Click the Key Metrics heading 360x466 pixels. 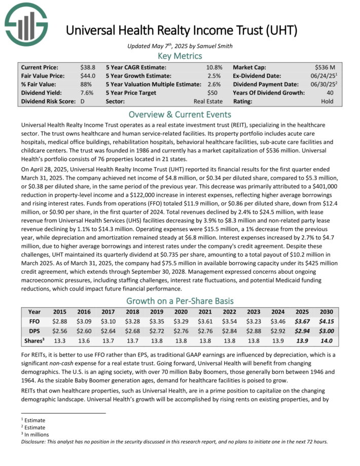point(180,56)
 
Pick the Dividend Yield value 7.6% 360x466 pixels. point(87,93)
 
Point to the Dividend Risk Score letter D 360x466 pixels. point(82,101)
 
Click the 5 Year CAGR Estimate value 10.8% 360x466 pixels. point(214,67)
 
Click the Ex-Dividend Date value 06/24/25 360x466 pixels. point(325,76)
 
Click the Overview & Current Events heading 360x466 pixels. point(180,114)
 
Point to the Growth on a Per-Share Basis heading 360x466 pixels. point(180,299)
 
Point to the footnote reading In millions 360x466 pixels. point(36,434)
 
